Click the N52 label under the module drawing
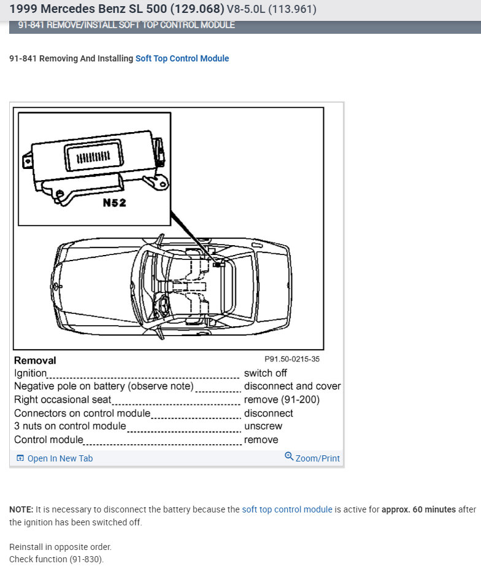114,203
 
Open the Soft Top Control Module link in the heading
182,58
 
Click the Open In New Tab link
60,458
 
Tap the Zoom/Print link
317,458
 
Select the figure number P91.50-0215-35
292,359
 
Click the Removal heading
35,361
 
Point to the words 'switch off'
265,373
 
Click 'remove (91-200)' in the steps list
282,399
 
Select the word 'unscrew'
263,426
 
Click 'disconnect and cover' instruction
292,387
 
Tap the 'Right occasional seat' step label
63,399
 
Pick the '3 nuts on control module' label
70,426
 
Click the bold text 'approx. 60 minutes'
418,509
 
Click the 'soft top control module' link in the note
287,509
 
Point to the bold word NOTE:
21,509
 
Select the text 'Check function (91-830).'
56,559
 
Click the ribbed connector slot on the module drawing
93,157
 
